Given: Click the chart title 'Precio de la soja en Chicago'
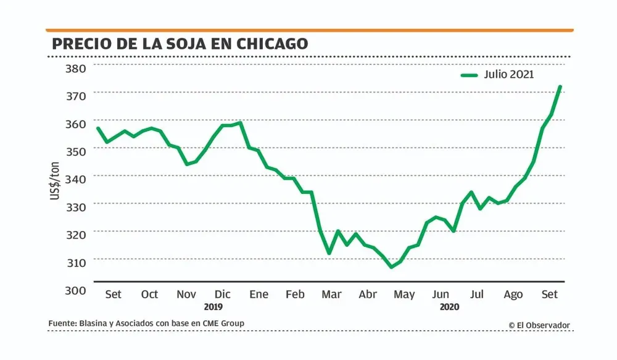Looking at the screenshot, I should (180, 44).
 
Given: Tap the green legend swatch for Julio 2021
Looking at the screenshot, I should (469, 75).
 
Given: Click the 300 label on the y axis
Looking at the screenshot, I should (78, 290).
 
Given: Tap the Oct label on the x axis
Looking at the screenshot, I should (150, 295).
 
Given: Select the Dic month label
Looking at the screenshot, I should (222, 295).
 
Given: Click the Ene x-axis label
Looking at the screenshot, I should (259, 295).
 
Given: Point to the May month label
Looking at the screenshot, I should (404, 295).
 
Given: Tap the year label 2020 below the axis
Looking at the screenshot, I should (449, 307).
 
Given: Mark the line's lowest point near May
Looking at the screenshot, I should (391, 267).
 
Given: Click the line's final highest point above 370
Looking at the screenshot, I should (560, 86).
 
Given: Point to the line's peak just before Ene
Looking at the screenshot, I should (240, 122).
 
